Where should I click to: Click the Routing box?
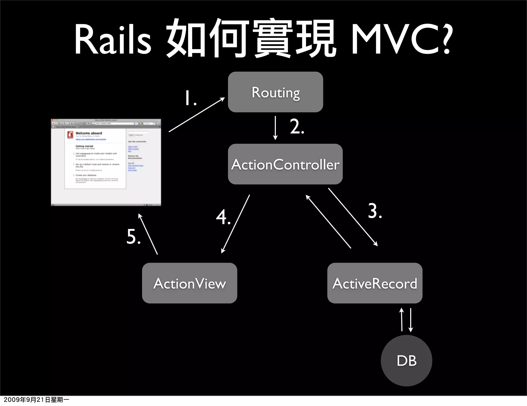pos(275,92)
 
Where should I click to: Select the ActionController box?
pos(285,164)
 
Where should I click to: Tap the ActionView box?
pos(189,283)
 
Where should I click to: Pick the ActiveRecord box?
pos(375,283)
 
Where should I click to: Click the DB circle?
pos(406,360)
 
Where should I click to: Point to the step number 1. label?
pos(191,98)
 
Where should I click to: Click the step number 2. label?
pos(297,126)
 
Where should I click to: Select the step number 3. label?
pos(375,211)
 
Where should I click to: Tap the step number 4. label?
pos(223,217)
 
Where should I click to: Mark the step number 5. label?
pos(134,236)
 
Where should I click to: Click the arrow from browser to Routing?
pos(197,115)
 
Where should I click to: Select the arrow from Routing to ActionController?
pos(275,128)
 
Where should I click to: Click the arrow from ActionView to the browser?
pos(148,234)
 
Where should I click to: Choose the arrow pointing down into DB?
pos(411,320)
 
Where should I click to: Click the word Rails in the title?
pos(112,39)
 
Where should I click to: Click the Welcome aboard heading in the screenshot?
pos(89,133)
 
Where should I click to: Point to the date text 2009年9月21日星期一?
pos(36,400)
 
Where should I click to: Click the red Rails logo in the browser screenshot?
pos(70,135)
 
